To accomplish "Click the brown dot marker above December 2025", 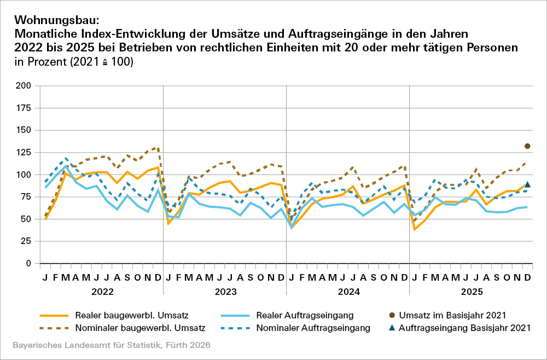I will pyautogui.click(x=527, y=146).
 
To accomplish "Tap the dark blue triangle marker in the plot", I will pyautogui.click(x=527, y=185).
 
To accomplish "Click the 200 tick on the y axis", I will pyautogui.click(x=24, y=86).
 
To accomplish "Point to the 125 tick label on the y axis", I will pyautogui.click(x=24, y=130).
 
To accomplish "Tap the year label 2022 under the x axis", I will pyautogui.click(x=102, y=292).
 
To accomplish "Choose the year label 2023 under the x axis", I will pyautogui.click(x=225, y=292).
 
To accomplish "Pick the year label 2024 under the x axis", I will pyautogui.click(x=348, y=292).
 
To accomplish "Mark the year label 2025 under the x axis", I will pyautogui.click(x=471, y=292).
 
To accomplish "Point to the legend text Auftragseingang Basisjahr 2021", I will pyautogui.click(x=465, y=328).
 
